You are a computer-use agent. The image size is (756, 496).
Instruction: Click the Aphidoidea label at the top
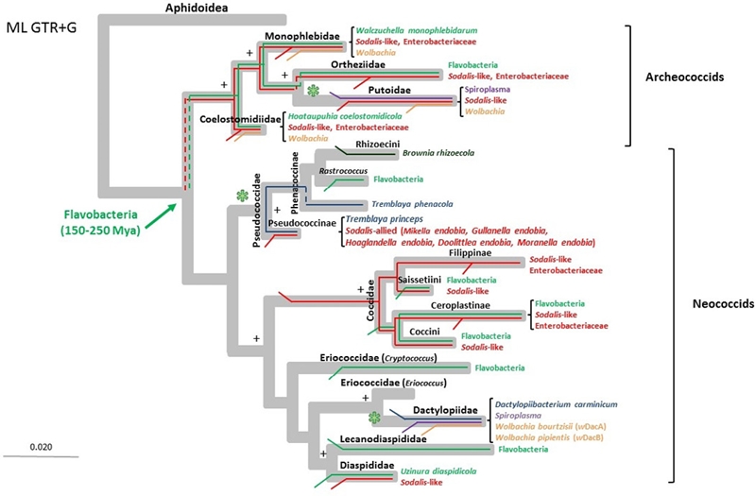pyautogui.click(x=197, y=8)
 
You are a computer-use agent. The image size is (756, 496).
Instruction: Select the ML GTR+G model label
pyautogui.click(x=42, y=28)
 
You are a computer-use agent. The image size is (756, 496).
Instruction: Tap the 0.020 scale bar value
pyautogui.click(x=41, y=447)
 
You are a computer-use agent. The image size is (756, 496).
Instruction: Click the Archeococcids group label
pyautogui.click(x=684, y=77)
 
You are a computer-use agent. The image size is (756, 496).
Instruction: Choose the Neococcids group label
pyautogui.click(x=723, y=303)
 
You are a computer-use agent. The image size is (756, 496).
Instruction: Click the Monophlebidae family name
pyautogui.click(x=302, y=37)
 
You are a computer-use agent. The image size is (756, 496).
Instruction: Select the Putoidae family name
pyautogui.click(x=389, y=90)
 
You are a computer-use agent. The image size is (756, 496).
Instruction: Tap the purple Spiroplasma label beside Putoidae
pyautogui.click(x=488, y=90)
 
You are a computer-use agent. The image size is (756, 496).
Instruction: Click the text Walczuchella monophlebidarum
pyautogui.click(x=417, y=31)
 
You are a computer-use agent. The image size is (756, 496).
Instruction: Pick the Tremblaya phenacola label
pyautogui.click(x=412, y=204)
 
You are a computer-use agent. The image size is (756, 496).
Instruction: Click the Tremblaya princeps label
pyautogui.click(x=385, y=219)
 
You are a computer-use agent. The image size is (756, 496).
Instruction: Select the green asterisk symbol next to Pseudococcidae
pyautogui.click(x=242, y=196)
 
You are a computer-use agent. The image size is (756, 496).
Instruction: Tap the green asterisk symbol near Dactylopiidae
pyautogui.click(x=374, y=418)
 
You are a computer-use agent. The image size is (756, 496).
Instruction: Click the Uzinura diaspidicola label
pyautogui.click(x=438, y=471)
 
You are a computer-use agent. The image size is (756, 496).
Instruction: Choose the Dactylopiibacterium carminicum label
pyautogui.click(x=556, y=405)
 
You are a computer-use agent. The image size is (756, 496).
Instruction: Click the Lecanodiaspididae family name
pyautogui.click(x=384, y=439)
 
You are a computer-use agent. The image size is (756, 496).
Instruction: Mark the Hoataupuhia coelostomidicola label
pyautogui.click(x=345, y=116)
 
